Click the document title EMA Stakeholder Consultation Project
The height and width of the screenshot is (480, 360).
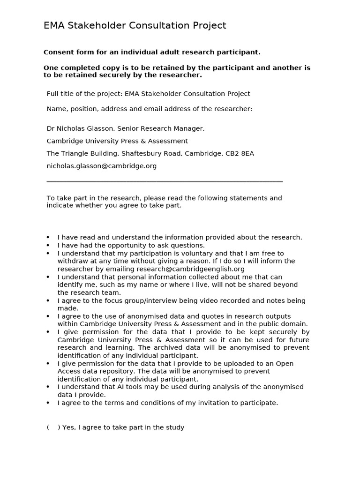click(135, 25)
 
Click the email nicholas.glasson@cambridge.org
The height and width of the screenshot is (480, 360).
click(102, 166)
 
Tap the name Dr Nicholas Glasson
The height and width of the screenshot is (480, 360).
click(80, 128)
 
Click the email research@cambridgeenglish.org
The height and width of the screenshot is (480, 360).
click(191, 269)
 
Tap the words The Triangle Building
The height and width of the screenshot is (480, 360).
click(83, 153)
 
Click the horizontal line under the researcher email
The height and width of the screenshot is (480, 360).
click(165, 181)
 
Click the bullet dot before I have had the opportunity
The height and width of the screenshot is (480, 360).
click(48, 246)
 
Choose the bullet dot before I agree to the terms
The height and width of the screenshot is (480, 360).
click(48, 403)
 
